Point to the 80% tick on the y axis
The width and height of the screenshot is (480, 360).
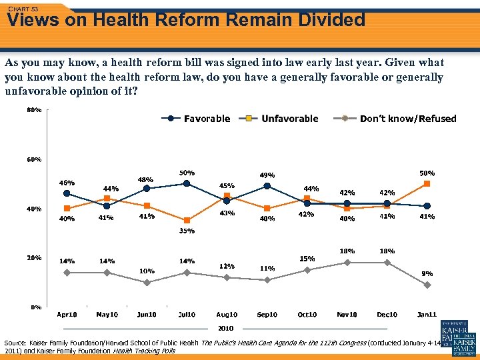[x=34, y=109]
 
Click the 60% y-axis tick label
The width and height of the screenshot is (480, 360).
[x=34, y=160]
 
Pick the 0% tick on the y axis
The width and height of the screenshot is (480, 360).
[x=36, y=307]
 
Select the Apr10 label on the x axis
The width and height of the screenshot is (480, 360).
[x=67, y=315]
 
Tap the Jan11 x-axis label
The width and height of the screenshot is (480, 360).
[x=427, y=315]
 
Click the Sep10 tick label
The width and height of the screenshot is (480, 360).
[x=267, y=315]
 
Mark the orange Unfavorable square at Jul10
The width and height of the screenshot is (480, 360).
[x=187, y=221]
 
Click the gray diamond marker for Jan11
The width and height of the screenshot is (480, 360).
[x=427, y=285]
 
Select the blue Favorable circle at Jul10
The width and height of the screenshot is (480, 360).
[x=187, y=183]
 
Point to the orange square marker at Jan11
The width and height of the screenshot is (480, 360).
[x=427, y=183]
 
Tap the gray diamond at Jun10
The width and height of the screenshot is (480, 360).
[x=147, y=282]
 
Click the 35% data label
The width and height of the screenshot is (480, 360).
[x=186, y=231]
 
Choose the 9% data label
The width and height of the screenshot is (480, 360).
[x=427, y=273]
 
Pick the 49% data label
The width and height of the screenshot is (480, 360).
[x=267, y=175]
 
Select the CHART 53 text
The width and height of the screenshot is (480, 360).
[x=23, y=8]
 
